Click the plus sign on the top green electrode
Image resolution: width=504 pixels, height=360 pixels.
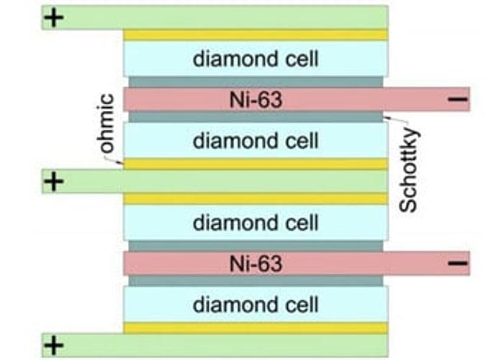pos(54,18)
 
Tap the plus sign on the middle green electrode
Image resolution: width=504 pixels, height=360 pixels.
pos(54,182)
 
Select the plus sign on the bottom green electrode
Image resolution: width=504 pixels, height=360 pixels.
pos(54,345)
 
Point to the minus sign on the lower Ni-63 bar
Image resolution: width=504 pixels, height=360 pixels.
pos(458,263)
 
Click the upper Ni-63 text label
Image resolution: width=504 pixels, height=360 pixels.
pos(256,99)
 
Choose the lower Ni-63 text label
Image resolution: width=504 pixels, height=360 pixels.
pos(256,264)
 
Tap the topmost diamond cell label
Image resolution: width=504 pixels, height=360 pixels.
pos(256,59)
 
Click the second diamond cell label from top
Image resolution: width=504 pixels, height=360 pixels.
pos(256,141)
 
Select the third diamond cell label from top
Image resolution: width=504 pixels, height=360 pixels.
pos(256,222)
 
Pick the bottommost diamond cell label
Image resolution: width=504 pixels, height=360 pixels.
pos(256,304)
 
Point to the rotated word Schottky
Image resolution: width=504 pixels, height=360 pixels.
pos(408,171)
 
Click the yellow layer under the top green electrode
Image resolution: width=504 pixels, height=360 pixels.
pos(256,35)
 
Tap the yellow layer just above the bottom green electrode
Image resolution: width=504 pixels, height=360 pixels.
pos(256,328)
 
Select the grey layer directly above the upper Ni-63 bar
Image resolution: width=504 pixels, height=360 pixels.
pos(256,82)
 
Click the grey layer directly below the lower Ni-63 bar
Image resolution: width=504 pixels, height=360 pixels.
pos(256,281)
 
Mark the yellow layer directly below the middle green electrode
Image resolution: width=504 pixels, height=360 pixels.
pos(256,199)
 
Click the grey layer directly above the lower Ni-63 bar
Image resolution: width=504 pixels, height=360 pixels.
pos(256,245)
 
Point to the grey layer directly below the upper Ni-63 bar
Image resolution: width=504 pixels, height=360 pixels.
pos(256,116)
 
